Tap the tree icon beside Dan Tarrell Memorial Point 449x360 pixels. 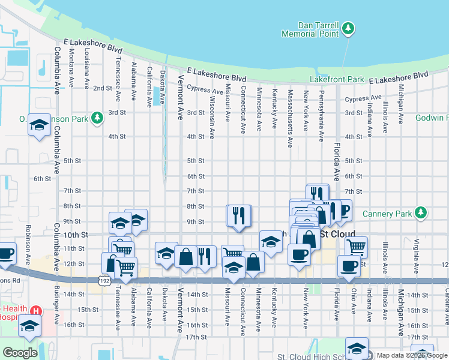(x=348, y=28)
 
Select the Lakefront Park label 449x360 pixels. (x=337, y=79)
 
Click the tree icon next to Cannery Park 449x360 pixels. (x=421, y=213)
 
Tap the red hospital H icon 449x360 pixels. (x=36, y=311)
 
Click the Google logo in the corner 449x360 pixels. (x=20, y=353)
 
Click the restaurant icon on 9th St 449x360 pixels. (x=238, y=215)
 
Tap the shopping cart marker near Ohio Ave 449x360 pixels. (x=357, y=246)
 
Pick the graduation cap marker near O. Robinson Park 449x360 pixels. (x=39, y=125)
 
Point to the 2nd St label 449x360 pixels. (x=102, y=88)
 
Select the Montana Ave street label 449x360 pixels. (x=71, y=66)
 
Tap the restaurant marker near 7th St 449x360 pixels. (x=317, y=194)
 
